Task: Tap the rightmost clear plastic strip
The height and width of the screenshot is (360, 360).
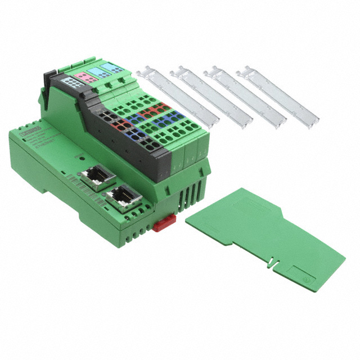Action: pyautogui.click(x=278, y=96)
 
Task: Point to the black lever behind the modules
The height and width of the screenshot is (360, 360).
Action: pyautogui.click(x=50, y=78)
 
